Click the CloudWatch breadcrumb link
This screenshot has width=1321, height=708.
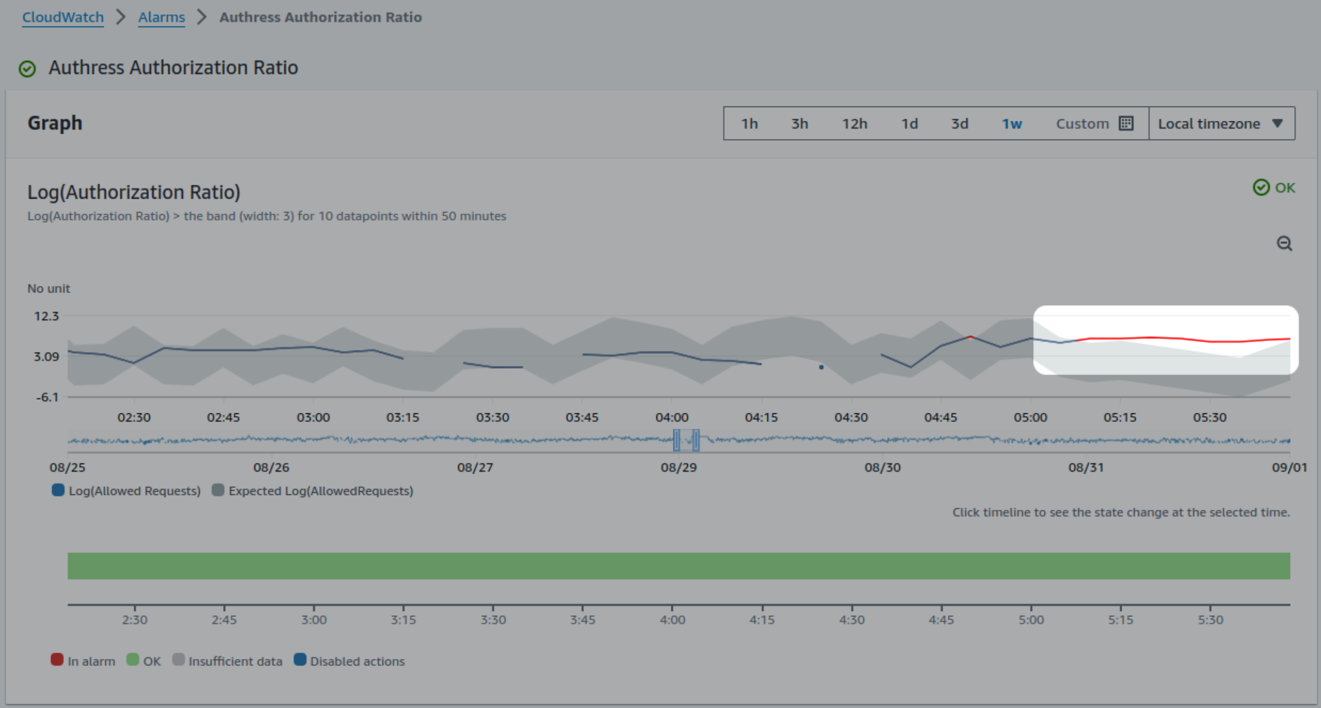63,17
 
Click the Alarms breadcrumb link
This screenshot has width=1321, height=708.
161,17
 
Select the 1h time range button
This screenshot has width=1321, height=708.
749,124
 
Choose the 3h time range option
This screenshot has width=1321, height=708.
799,124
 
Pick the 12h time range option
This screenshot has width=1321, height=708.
854,124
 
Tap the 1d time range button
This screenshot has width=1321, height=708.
909,124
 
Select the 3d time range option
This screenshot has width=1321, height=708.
959,124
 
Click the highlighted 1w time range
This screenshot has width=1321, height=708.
1011,124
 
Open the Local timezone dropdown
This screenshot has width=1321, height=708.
1221,124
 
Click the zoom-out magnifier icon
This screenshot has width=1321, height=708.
1284,243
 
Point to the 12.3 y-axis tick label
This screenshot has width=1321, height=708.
46,316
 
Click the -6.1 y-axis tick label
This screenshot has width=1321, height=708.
47,397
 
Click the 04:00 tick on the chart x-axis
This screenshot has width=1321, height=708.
671,417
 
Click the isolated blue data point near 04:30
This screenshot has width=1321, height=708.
821,367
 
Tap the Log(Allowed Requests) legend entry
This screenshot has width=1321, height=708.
126,491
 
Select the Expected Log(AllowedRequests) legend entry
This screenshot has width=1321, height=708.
312,491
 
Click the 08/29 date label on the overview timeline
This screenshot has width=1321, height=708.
678,467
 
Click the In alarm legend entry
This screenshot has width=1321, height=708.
83,661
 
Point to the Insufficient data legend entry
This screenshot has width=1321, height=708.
227,661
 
